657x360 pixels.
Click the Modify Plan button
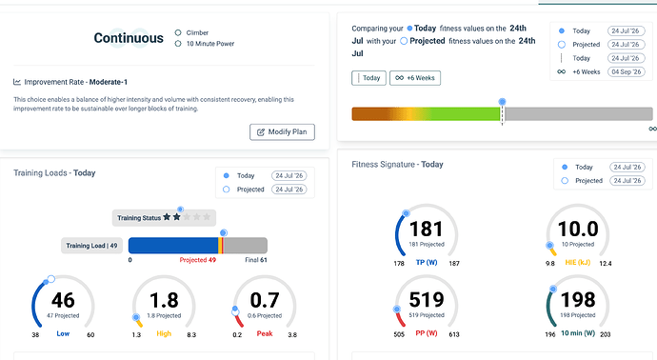coord(282,132)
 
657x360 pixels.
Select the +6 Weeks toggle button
coord(415,78)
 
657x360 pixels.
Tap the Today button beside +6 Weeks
coord(368,78)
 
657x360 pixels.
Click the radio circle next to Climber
coord(178,32)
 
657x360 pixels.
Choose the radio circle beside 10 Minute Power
coord(178,44)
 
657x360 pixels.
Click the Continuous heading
coord(129,38)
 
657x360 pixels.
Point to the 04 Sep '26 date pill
coord(626,71)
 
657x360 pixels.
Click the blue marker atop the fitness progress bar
coord(502,101)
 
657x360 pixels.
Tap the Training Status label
coord(139,218)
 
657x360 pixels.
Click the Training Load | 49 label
coord(91,246)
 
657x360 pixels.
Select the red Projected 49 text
coord(198,260)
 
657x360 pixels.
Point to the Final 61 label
coord(256,260)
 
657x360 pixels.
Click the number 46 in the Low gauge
coord(63,301)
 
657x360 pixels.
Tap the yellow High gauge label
coord(164,333)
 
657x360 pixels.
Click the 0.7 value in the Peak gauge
coord(265,301)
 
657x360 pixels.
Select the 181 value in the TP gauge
coord(427,230)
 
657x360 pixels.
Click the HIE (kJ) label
coord(578,262)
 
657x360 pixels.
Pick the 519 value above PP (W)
coord(427,300)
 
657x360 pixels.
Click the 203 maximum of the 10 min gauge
coord(606,334)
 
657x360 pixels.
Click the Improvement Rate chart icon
coord(17,82)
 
